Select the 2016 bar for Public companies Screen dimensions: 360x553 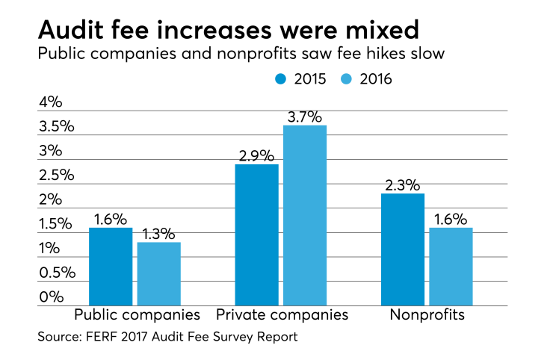pyautogui.click(x=158, y=273)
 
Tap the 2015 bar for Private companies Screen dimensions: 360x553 pyautogui.click(x=256, y=235)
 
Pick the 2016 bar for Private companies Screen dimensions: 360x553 pyautogui.click(x=304, y=215)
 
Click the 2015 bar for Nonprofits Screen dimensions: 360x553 pyautogui.click(x=402, y=249)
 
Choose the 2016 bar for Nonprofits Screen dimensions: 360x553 pyautogui.click(x=450, y=267)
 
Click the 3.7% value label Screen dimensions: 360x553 pyautogui.click(x=303, y=117)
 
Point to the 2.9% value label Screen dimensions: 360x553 pyautogui.click(x=256, y=155)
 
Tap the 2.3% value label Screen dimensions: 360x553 pyautogui.click(x=402, y=185)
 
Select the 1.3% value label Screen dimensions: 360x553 pyautogui.click(x=158, y=234)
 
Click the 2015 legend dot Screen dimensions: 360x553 pyautogui.click(x=282, y=78)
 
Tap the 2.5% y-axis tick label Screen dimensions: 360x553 pyautogui.click(x=56, y=176)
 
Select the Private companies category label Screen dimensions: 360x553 pyautogui.click(x=282, y=315)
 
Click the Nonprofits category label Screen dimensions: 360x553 pyautogui.click(x=427, y=315)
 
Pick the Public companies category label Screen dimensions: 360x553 pyautogui.click(x=136, y=315)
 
